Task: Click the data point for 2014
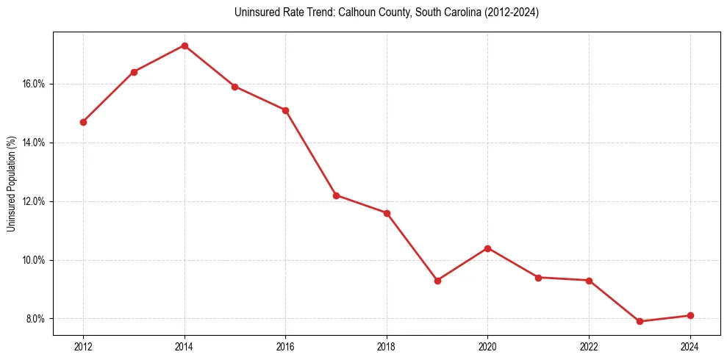click(185, 46)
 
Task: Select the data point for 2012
click(83, 122)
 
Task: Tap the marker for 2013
click(134, 72)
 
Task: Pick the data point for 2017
click(336, 195)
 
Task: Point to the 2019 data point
click(437, 281)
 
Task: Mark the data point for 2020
click(488, 248)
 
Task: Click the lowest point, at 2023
click(640, 321)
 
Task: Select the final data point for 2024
click(690, 315)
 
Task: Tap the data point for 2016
click(285, 110)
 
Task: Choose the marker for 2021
click(539, 278)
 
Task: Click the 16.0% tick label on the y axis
click(34, 84)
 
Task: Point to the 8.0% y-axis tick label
click(36, 319)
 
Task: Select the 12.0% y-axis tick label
click(34, 201)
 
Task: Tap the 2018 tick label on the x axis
click(387, 346)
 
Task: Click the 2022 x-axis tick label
click(589, 346)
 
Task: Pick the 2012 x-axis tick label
click(83, 346)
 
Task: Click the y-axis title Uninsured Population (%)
click(11, 184)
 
